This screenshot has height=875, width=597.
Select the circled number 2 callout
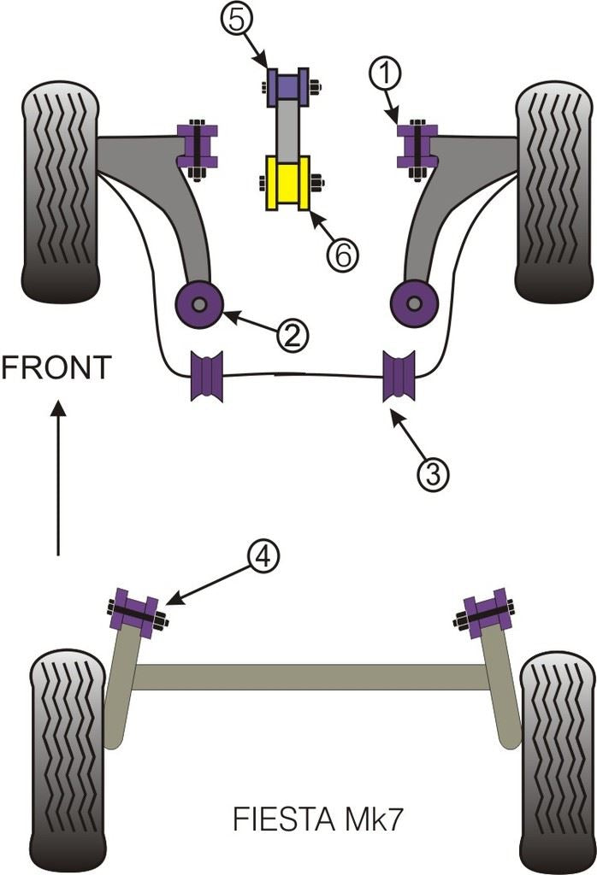click(292, 336)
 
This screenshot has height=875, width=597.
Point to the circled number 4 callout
click(263, 556)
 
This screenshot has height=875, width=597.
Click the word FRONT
click(56, 367)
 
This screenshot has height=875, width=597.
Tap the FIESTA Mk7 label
click(316, 820)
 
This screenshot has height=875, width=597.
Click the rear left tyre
click(68, 760)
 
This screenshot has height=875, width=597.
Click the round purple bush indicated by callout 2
click(199, 302)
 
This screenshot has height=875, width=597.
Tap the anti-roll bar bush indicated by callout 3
click(399, 375)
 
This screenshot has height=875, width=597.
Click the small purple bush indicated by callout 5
click(287, 87)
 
